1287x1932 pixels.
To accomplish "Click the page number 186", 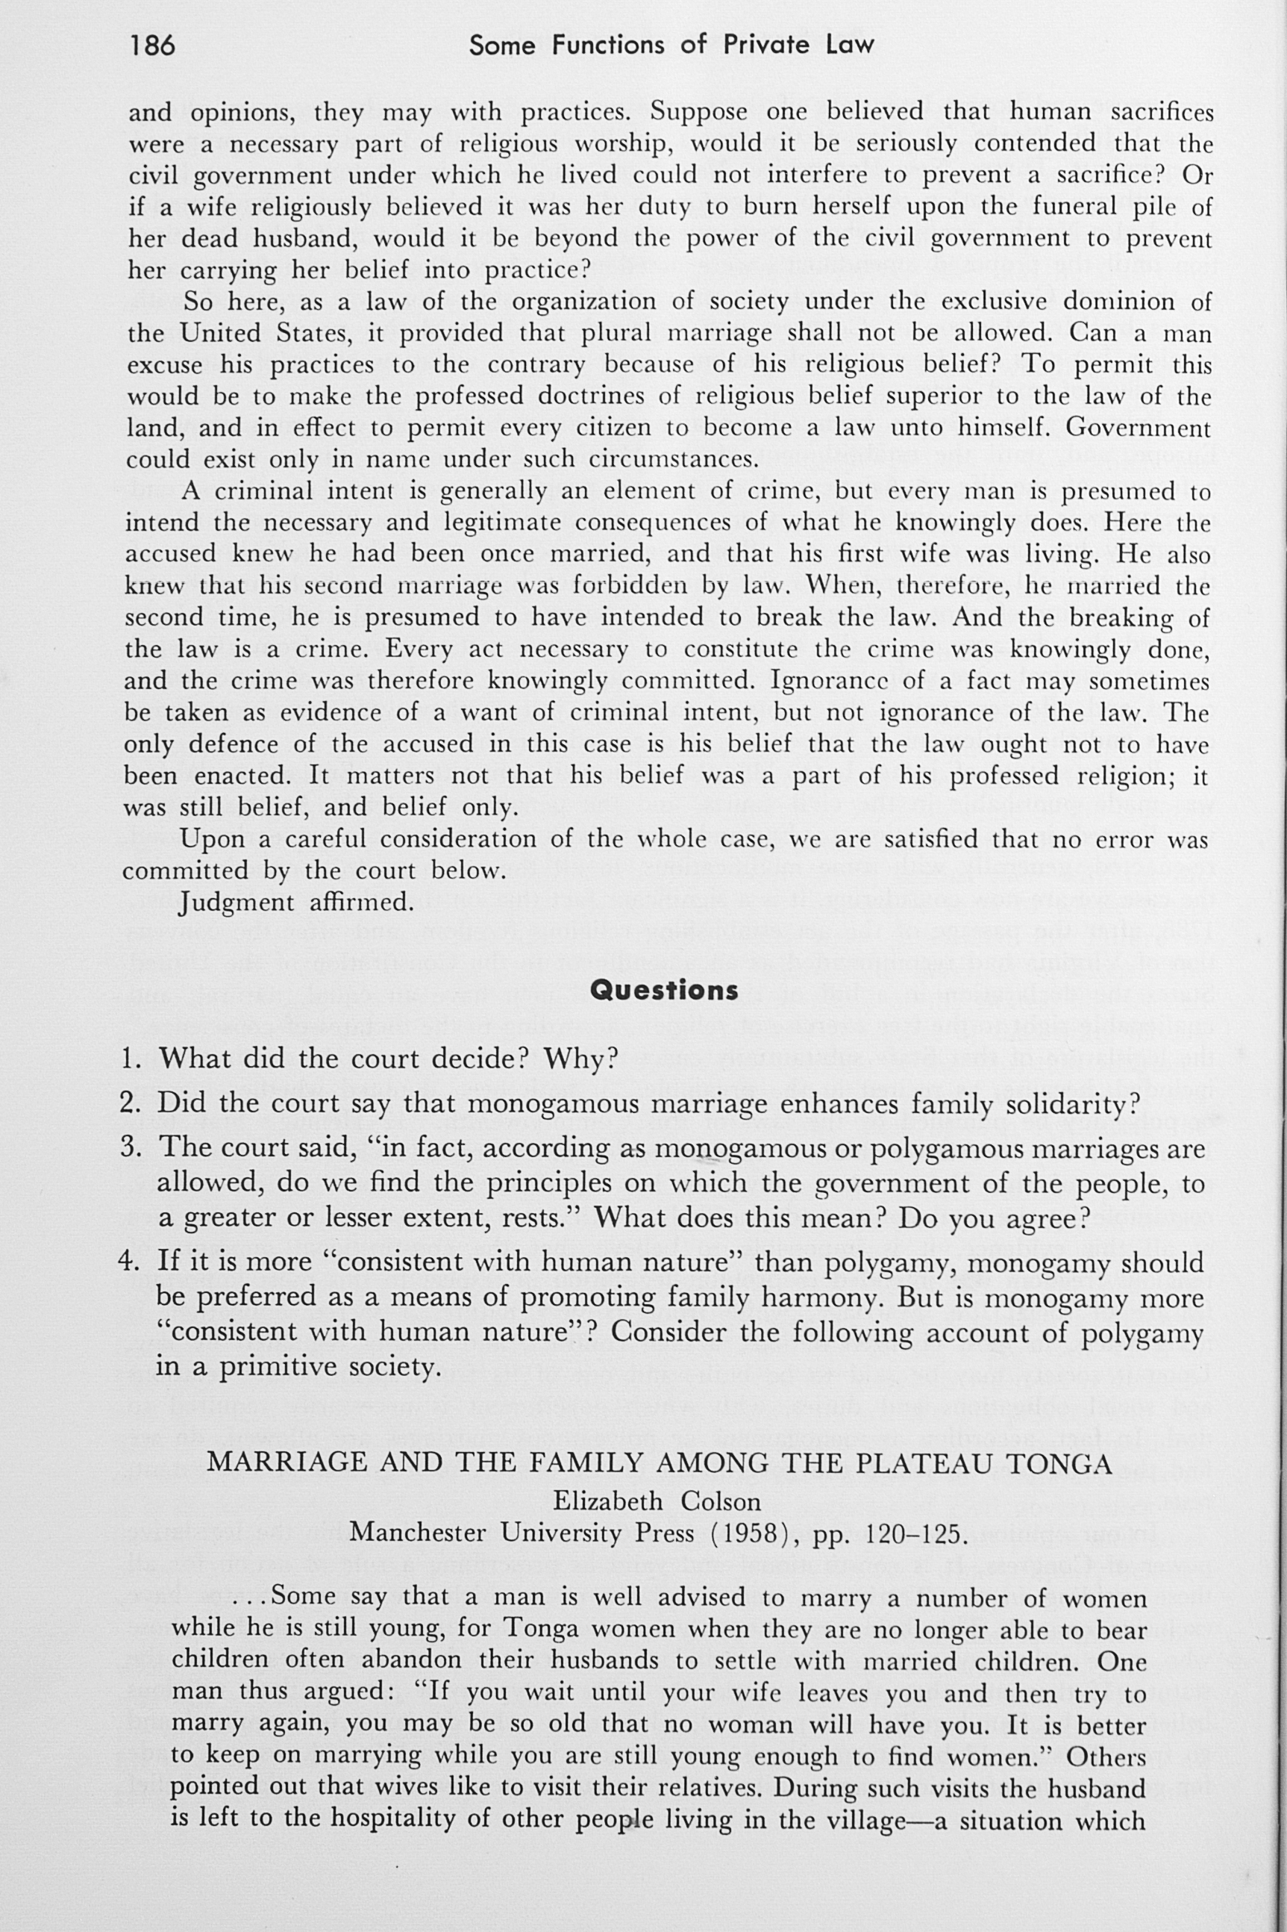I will tap(153, 46).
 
